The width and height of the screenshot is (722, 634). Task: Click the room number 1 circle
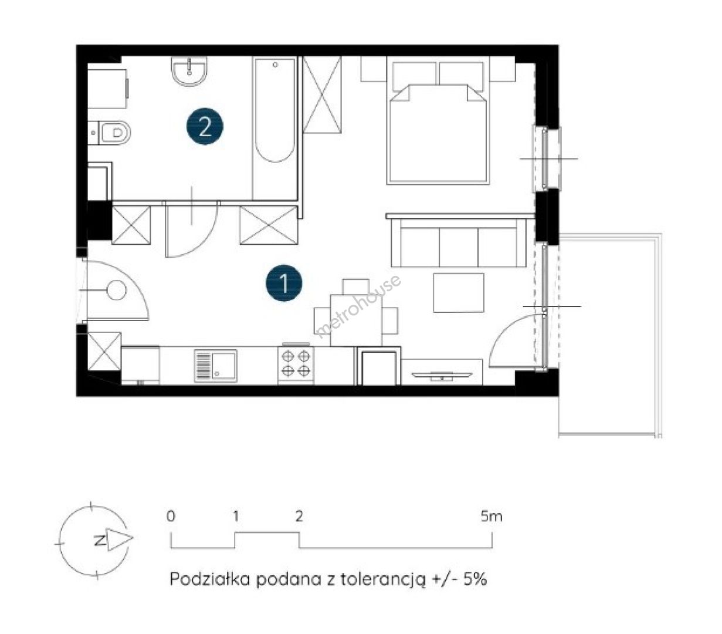(284, 282)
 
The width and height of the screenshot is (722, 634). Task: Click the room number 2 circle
(205, 126)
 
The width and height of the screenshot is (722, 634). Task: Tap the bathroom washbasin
(189, 72)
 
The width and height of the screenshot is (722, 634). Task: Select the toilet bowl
(110, 133)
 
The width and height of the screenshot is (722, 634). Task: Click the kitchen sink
(216, 366)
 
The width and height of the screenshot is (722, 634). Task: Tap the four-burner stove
(296, 365)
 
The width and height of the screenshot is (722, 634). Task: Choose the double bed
(438, 123)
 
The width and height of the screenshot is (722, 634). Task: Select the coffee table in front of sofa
(458, 292)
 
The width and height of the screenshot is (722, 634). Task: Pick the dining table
(355, 320)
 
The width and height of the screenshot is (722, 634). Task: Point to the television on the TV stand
(441, 375)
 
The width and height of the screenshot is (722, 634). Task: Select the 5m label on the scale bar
(491, 516)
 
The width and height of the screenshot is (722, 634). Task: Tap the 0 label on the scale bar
(171, 516)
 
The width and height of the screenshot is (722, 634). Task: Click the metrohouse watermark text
(358, 307)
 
